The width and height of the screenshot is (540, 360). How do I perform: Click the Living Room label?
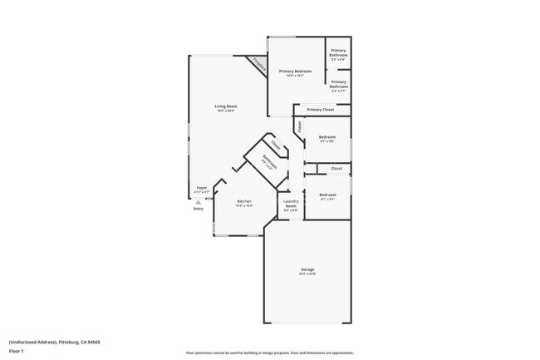pos(225,106)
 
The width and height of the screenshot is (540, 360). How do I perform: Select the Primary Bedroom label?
pos(295,72)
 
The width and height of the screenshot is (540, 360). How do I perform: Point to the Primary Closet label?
pos(320,110)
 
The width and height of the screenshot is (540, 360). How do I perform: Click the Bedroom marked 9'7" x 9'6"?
pos(327,137)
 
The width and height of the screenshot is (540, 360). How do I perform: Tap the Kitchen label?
pos(244,202)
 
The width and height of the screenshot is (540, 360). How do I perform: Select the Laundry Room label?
pos(291,203)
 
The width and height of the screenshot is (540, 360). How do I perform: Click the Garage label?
pos(307,270)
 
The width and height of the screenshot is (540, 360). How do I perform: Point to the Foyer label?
pos(201,188)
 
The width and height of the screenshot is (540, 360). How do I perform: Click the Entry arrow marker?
pos(195,200)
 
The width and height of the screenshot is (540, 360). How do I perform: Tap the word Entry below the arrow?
pos(198,208)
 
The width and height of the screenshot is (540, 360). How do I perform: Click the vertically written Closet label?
pos(299,126)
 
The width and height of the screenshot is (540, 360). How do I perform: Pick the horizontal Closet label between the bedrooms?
pos(336,169)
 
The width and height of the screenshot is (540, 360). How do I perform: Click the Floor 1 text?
pos(17,351)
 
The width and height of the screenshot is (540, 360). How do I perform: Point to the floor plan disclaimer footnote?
pos(270,353)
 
